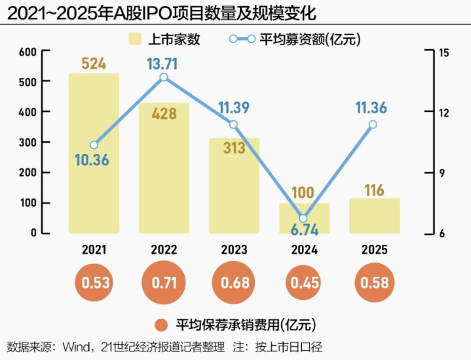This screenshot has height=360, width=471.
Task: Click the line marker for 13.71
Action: [164, 77]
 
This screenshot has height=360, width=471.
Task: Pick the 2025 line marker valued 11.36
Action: [373, 124]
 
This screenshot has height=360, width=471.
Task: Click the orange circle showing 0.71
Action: [164, 283]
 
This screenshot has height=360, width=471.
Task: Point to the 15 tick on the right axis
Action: [443, 52]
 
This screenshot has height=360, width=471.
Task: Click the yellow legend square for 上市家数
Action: [136, 39]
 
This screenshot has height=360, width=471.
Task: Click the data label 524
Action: [94, 63]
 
